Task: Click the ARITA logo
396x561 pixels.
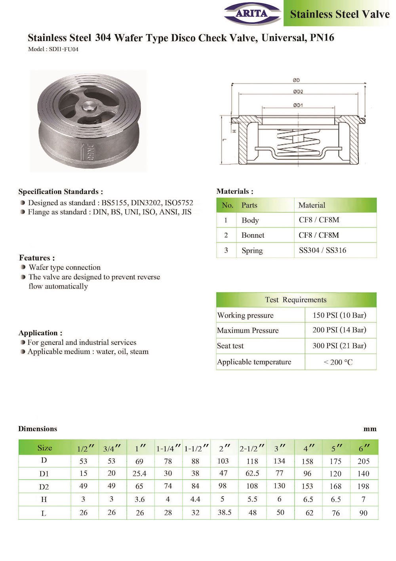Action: pos(252,13)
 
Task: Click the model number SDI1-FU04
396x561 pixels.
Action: pos(63,50)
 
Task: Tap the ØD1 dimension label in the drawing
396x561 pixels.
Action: pos(298,105)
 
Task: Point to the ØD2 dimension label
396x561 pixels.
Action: pos(298,92)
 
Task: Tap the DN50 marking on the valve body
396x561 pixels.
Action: pos(89,152)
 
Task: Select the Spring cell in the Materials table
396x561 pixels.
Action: pos(252,250)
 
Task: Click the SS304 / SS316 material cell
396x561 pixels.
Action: pos(322,250)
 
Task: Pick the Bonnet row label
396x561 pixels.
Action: pos(253,235)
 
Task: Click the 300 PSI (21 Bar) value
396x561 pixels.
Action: pos(339,346)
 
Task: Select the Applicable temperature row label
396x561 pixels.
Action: pos(254,362)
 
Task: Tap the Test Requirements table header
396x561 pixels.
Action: pos(296,300)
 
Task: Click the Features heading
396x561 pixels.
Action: pos(37,257)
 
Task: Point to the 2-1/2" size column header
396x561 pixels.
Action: pos(252,448)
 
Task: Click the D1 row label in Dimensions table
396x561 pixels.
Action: pos(44,474)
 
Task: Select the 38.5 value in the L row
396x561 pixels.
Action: pos(224,512)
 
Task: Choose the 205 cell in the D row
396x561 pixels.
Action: pos(363,461)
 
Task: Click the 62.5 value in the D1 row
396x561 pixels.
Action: pos(252,473)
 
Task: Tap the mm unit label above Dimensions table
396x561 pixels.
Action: pos(370,429)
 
